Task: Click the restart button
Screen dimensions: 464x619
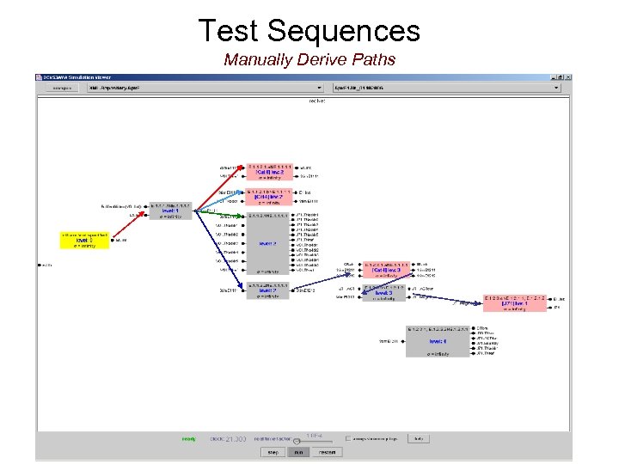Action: pyautogui.click(x=326, y=452)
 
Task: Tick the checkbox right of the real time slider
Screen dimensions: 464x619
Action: pyautogui.click(x=348, y=438)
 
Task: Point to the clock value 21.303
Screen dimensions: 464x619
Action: pyautogui.click(x=235, y=439)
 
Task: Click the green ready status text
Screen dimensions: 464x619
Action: pyautogui.click(x=188, y=439)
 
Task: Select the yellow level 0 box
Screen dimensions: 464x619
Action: pyautogui.click(x=83, y=240)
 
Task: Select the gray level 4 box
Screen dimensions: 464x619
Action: pyautogui.click(x=438, y=341)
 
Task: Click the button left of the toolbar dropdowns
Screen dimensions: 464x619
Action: pyautogui.click(x=61, y=88)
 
